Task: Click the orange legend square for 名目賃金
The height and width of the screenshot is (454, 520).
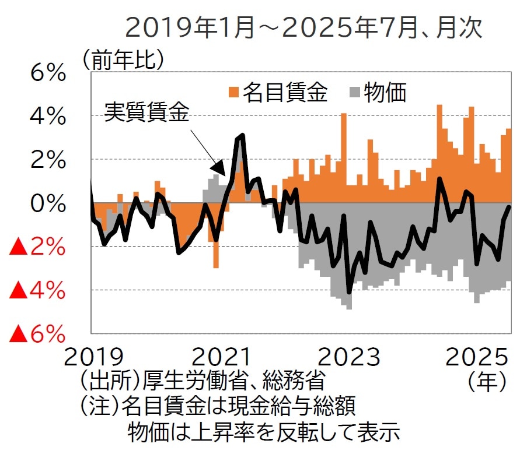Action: pyautogui.click(x=234, y=91)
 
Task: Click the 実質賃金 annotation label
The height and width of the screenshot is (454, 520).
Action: pyautogui.click(x=147, y=112)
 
